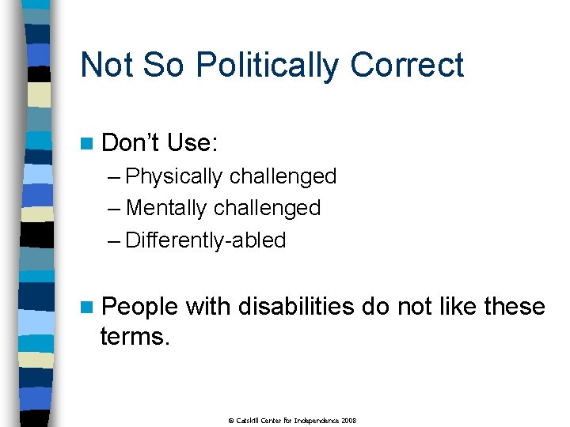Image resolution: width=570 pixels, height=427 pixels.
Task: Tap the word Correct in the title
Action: [x=407, y=65]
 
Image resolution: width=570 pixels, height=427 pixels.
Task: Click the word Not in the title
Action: [x=108, y=65]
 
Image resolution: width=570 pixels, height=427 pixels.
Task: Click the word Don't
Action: [x=131, y=143]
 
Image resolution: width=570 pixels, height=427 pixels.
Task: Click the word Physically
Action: [x=174, y=176]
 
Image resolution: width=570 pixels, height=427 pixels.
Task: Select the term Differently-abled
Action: [x=206, y=240]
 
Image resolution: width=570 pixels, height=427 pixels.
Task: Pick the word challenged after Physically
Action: [x=283, y=176]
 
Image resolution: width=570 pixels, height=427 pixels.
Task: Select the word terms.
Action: [x=135, y=337]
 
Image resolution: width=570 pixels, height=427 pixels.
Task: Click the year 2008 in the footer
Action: [x=349, y=420]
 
